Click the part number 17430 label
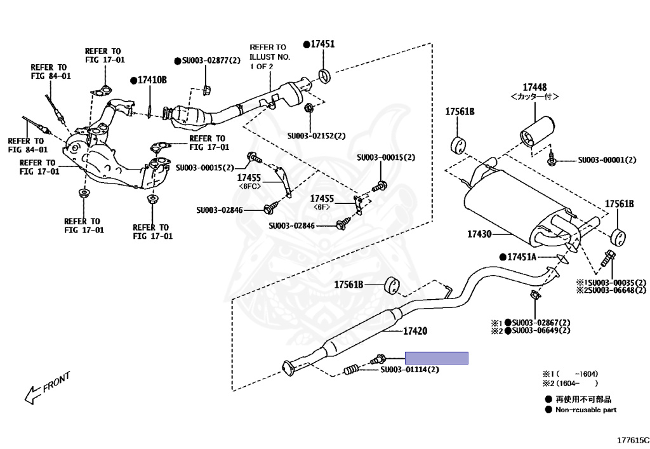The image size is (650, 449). click(479, 234)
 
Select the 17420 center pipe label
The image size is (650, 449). click(415, 331)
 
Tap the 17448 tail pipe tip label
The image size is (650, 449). click(534, 87)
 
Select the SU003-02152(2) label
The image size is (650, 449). click(316, 135)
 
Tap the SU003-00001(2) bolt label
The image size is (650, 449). click(607, 159)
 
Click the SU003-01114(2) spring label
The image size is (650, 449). click(409, 369)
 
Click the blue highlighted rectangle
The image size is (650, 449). click(437, 358)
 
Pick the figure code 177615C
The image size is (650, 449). click(633, 440)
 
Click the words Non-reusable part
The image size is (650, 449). click(586, 410)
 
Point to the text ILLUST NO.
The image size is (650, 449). click(270, 57)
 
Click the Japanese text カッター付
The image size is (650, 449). click(534, 97)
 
